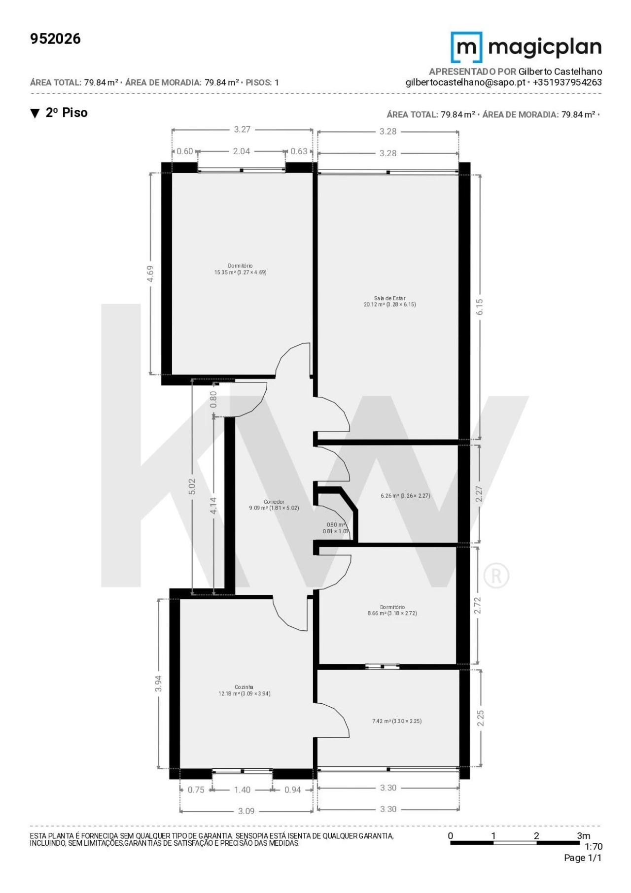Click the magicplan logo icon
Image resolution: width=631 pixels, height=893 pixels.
tap(466, 47)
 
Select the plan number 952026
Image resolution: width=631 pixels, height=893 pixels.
tap(55, 39)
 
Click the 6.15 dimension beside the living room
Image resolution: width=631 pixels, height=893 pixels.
tap(480, 307)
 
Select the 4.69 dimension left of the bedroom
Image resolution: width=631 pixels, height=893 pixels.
tap(150, 274)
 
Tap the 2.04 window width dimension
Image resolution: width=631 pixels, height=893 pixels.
tap(242, 151)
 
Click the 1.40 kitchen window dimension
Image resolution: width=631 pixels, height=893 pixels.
tap(242, 790)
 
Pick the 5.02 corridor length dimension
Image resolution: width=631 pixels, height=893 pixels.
tap(192, 486)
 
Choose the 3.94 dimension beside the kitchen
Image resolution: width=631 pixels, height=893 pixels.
tap(158, 683)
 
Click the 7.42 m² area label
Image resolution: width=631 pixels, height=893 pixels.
tap(397, 721)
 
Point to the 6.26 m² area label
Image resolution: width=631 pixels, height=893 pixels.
tap(405, 496)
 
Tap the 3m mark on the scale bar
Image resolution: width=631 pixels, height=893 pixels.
tap(583, 835)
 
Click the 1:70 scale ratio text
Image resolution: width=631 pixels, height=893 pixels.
tap(593, 846)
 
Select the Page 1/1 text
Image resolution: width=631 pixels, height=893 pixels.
tap(583, 858)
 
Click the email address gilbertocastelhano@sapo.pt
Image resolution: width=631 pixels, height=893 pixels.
tap(465, 82)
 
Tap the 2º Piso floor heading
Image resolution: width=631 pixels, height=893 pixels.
tap(67, 113)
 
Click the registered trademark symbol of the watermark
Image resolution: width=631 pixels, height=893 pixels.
tap(496, 576)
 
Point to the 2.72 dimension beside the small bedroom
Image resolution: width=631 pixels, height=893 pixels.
tap(477, 606)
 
